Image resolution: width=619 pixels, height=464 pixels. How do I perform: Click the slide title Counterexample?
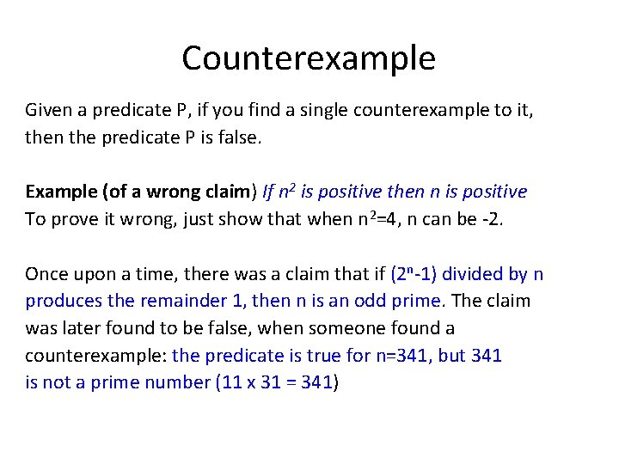pos(309,58)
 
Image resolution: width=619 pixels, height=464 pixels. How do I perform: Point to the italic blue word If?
pos(269,192)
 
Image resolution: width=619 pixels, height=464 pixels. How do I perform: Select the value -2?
pos(491,219)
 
